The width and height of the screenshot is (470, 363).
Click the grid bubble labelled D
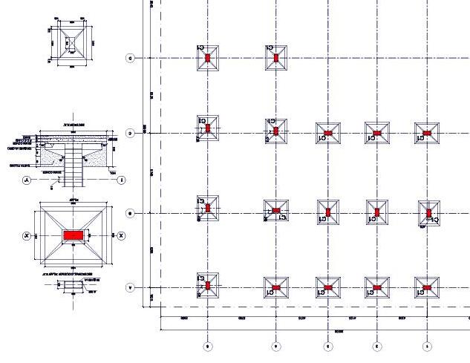pos(130,58)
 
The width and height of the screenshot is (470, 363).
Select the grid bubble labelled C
pos(130,134)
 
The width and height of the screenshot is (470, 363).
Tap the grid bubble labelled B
pos(130,214)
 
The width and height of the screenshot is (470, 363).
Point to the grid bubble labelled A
pos(130,287)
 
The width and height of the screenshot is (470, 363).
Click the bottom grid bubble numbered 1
pos(427,346)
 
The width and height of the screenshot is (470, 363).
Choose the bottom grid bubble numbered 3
pos(327,346)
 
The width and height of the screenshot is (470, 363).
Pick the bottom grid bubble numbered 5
pos(208,346)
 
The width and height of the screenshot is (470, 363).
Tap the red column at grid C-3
pos(327,134)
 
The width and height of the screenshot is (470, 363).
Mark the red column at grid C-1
pos(426,134)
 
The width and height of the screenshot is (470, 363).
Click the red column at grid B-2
pos(377,213)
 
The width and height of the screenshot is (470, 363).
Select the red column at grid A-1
pos(426,287)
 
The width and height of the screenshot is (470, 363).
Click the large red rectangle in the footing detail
pos(73,235)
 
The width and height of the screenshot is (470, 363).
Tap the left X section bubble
pos(26,235)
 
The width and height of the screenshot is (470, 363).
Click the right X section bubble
pos(122,235)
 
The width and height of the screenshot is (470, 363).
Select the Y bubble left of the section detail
pos(26,180)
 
